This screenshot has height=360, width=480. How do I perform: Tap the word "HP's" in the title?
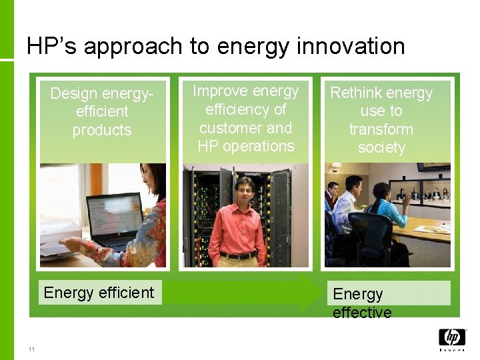[x=52, y=46]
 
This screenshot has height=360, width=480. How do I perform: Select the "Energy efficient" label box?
[x=99, y=293]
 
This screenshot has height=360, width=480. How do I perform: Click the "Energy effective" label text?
[x=362, y=303]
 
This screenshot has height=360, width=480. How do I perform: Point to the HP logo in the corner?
[x=452, y=337]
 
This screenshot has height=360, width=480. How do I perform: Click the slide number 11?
[x=31, y=349]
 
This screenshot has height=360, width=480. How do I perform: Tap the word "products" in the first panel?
[x=102, y=130]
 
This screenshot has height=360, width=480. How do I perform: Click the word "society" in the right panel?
[x=381, y=147]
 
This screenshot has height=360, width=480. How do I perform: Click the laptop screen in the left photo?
[x=117, y=214]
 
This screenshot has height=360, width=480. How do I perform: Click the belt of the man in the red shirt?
[x=239, y=255]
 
